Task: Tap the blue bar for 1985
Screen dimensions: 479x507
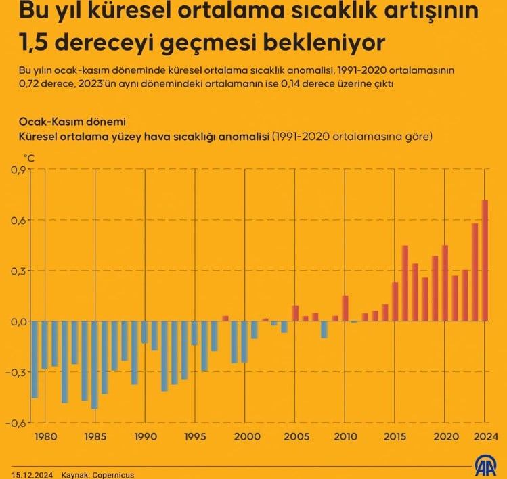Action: click(95, 365)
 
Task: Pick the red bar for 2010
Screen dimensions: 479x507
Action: click(345, 309)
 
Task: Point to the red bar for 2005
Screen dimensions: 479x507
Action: click(295, 313)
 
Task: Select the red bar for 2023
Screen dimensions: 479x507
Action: click(475, 272)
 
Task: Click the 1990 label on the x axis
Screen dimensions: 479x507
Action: click(145, 436)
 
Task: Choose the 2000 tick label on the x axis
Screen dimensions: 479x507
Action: click(245, 436)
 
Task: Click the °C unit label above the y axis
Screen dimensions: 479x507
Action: click(29, 158)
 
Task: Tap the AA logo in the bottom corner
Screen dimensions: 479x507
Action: click(486, 466)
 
